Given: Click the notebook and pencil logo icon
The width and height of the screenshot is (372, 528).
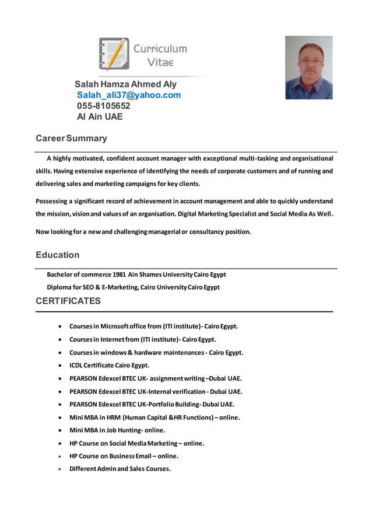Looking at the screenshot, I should pos(114,54).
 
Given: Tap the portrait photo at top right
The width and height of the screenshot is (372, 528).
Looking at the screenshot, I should pos(308,68).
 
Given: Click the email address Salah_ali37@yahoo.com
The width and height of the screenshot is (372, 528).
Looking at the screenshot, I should pos(128,95).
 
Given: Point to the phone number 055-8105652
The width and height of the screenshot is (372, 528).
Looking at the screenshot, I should pos(103,106).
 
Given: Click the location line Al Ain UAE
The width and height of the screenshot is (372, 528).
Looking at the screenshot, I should pos(100,116).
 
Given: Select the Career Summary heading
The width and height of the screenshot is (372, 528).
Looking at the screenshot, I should pos(71,138).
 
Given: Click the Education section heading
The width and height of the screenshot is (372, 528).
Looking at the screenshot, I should pos(57,255).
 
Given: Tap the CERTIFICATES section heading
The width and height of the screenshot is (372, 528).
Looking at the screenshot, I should pos(68,301).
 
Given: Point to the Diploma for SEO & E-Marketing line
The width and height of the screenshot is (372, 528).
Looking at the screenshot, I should pos(133,287).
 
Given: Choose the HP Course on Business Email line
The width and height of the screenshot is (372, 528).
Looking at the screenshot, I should pos(124,456).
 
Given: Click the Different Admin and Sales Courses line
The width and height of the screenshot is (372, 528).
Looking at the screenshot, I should pos(120,469).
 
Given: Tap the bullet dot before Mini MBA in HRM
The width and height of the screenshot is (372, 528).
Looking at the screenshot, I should pos(61,418).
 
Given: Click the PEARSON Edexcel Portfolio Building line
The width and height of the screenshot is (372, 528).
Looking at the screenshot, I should pos(152,404).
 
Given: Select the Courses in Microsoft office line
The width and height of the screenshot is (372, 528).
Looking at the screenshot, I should pos(153,326).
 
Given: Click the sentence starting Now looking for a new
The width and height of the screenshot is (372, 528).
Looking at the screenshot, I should pos(143,231).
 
